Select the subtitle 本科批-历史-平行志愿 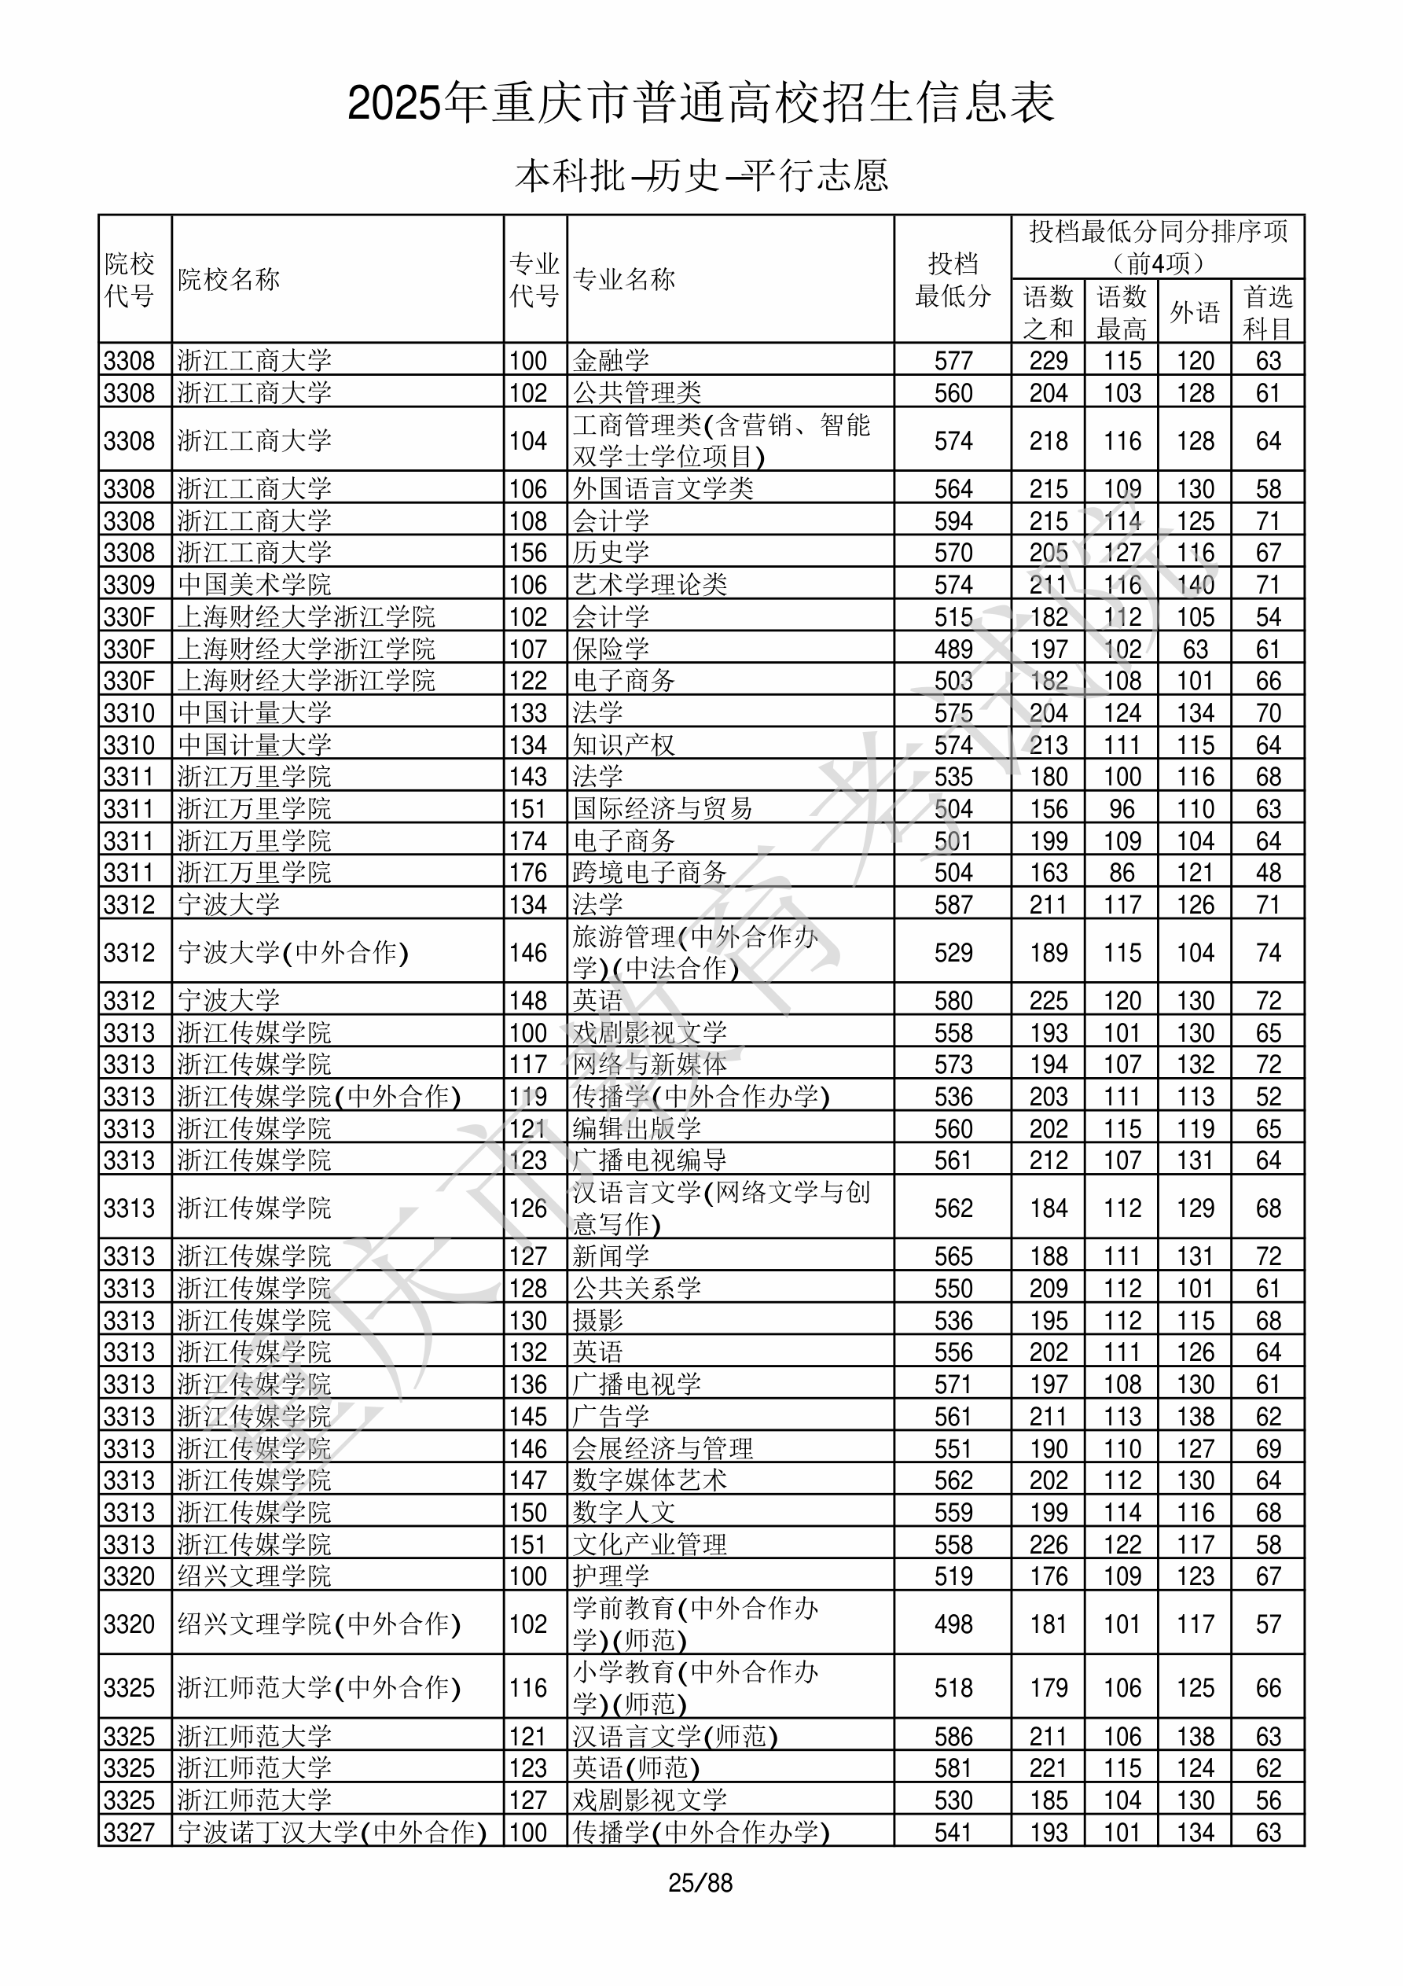click(x=700, y=175)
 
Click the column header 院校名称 click(x=230, y=279)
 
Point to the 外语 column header click(x=1195, y=311)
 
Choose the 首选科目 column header click(x=1267, y=311)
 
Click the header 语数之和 click(x=1049, y=311)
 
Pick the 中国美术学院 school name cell click(x=255, y=585)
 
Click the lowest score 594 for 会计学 click(x=953, y=520)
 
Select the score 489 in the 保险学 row click(x=953, y=649)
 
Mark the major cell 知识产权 click(x=623, y=745)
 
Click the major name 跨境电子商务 click(x=649, y=873)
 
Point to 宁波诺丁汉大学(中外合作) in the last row click(x=332, y=1832)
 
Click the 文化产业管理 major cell click(x=649, y=1544)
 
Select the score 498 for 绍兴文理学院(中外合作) click(x=953, y=1624)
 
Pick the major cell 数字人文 click(x=623, y=1512)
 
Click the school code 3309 click(x=129, y=585)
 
